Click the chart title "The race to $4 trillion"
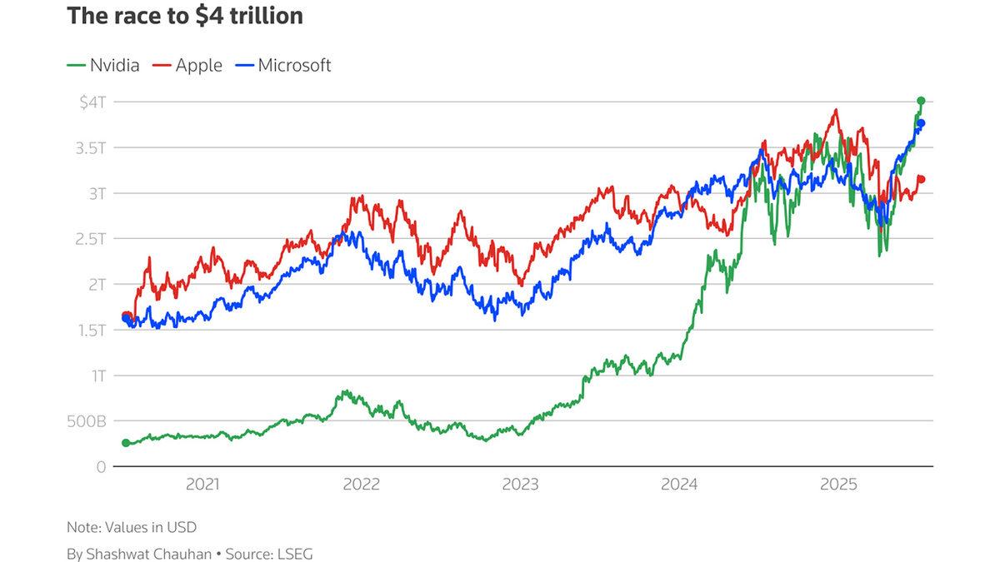(x=184, y=17)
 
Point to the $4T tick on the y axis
(x=92, y=102)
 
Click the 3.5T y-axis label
(x=91, y=147)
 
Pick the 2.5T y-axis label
(x=91, y=239)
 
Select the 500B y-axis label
(x=87, y=421)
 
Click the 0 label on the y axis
(x=101, y=467)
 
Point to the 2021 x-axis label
(x=202, y=484)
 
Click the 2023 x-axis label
(x=519, y=484)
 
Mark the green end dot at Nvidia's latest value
(x=921, y=101)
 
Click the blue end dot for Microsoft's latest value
(x=921, y=124)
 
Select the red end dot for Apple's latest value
(x=921, y=179)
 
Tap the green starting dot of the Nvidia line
(x=126, y=443)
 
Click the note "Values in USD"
(x=132, y=527)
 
